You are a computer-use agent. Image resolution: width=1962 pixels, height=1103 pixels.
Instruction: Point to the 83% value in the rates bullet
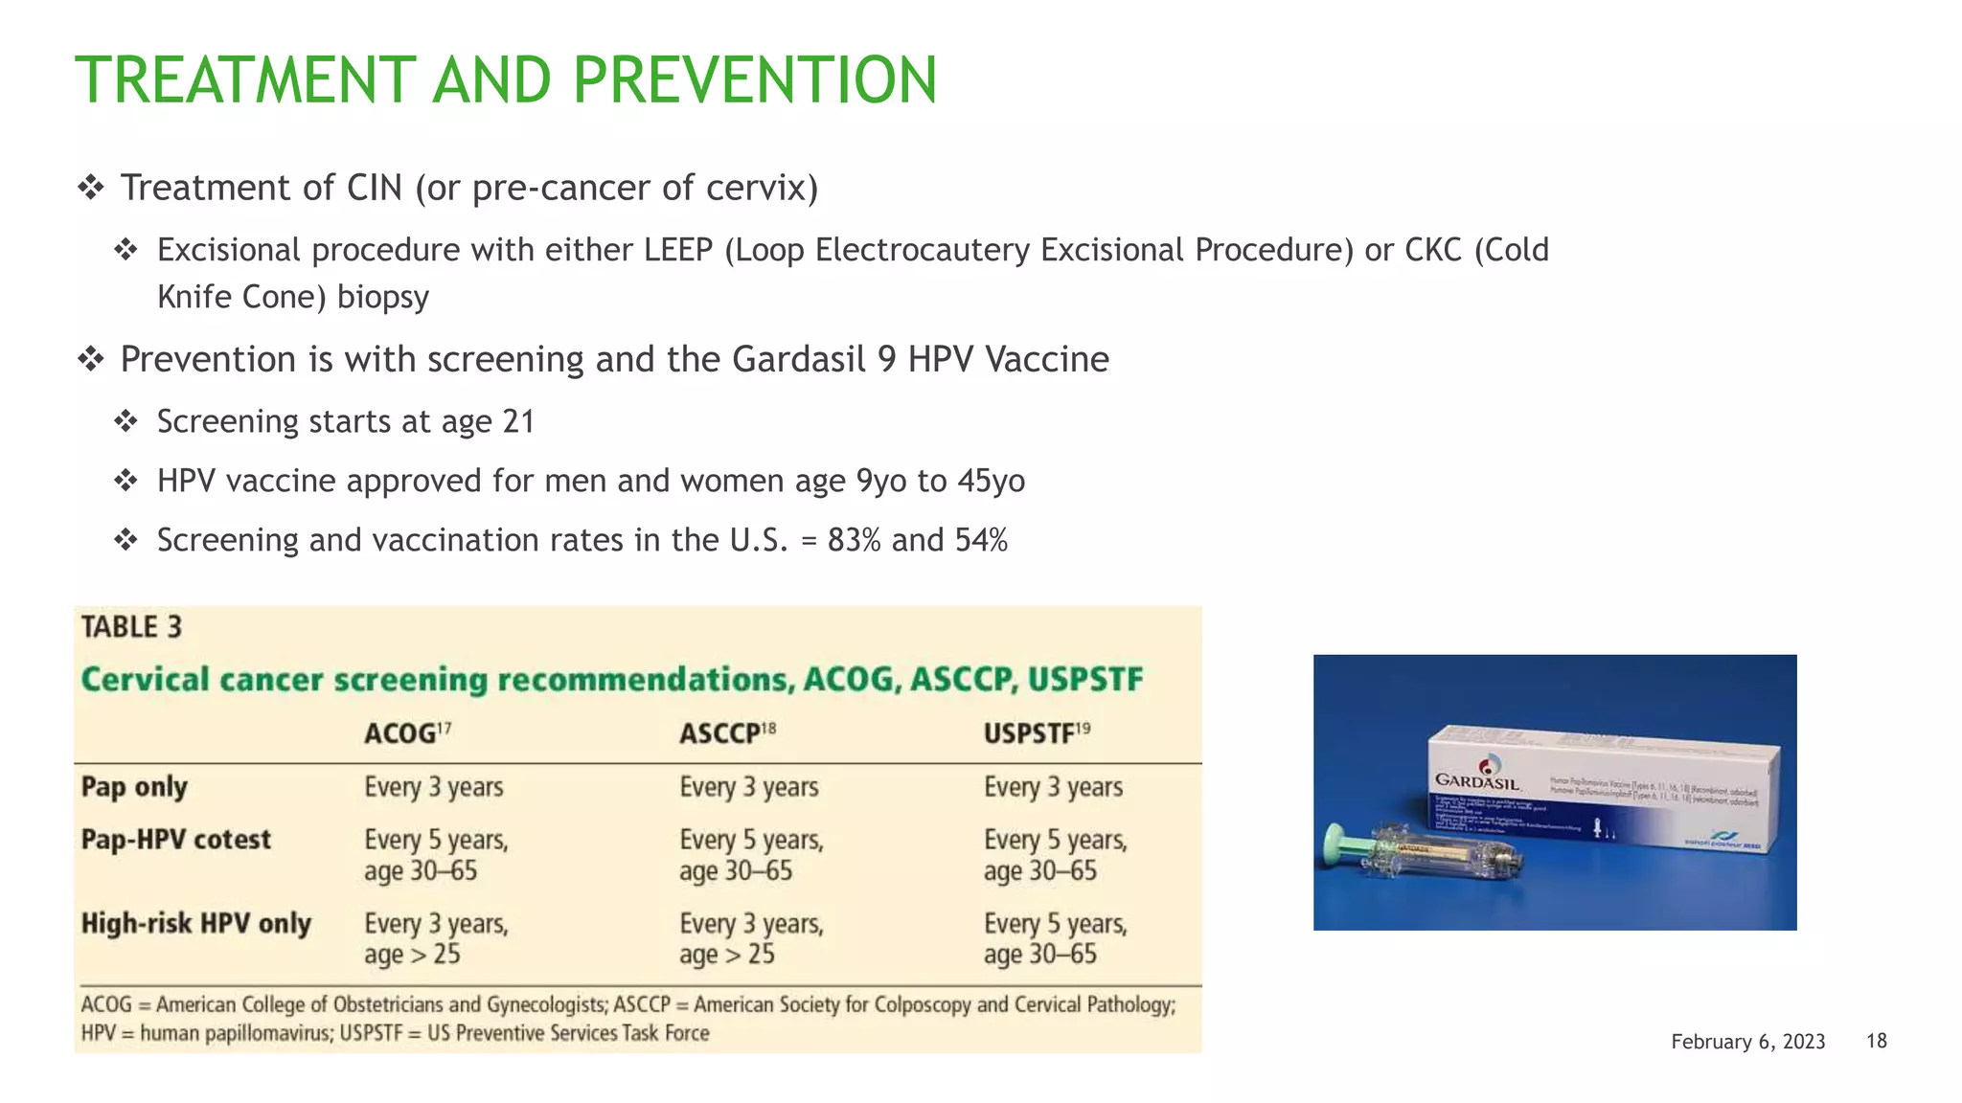(854, 540)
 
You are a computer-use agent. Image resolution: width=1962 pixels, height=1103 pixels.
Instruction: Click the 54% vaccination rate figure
(981, 540)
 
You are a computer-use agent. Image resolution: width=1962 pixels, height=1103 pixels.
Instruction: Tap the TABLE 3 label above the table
(131, 627)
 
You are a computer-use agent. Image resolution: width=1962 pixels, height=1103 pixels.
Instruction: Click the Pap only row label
(134, 787)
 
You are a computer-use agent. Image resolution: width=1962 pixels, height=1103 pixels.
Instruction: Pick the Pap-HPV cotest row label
(176, 840)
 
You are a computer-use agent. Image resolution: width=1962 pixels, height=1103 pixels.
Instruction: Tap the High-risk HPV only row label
(196, 924)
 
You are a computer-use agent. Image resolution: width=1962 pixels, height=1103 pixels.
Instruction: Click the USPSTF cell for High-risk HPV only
(1054, 938)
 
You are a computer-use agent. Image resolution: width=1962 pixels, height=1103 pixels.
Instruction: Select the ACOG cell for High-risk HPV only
(435, 938)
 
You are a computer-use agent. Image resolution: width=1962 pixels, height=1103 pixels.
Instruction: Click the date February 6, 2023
(1747, 1042)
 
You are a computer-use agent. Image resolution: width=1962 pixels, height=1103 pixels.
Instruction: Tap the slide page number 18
(1876, 1041)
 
